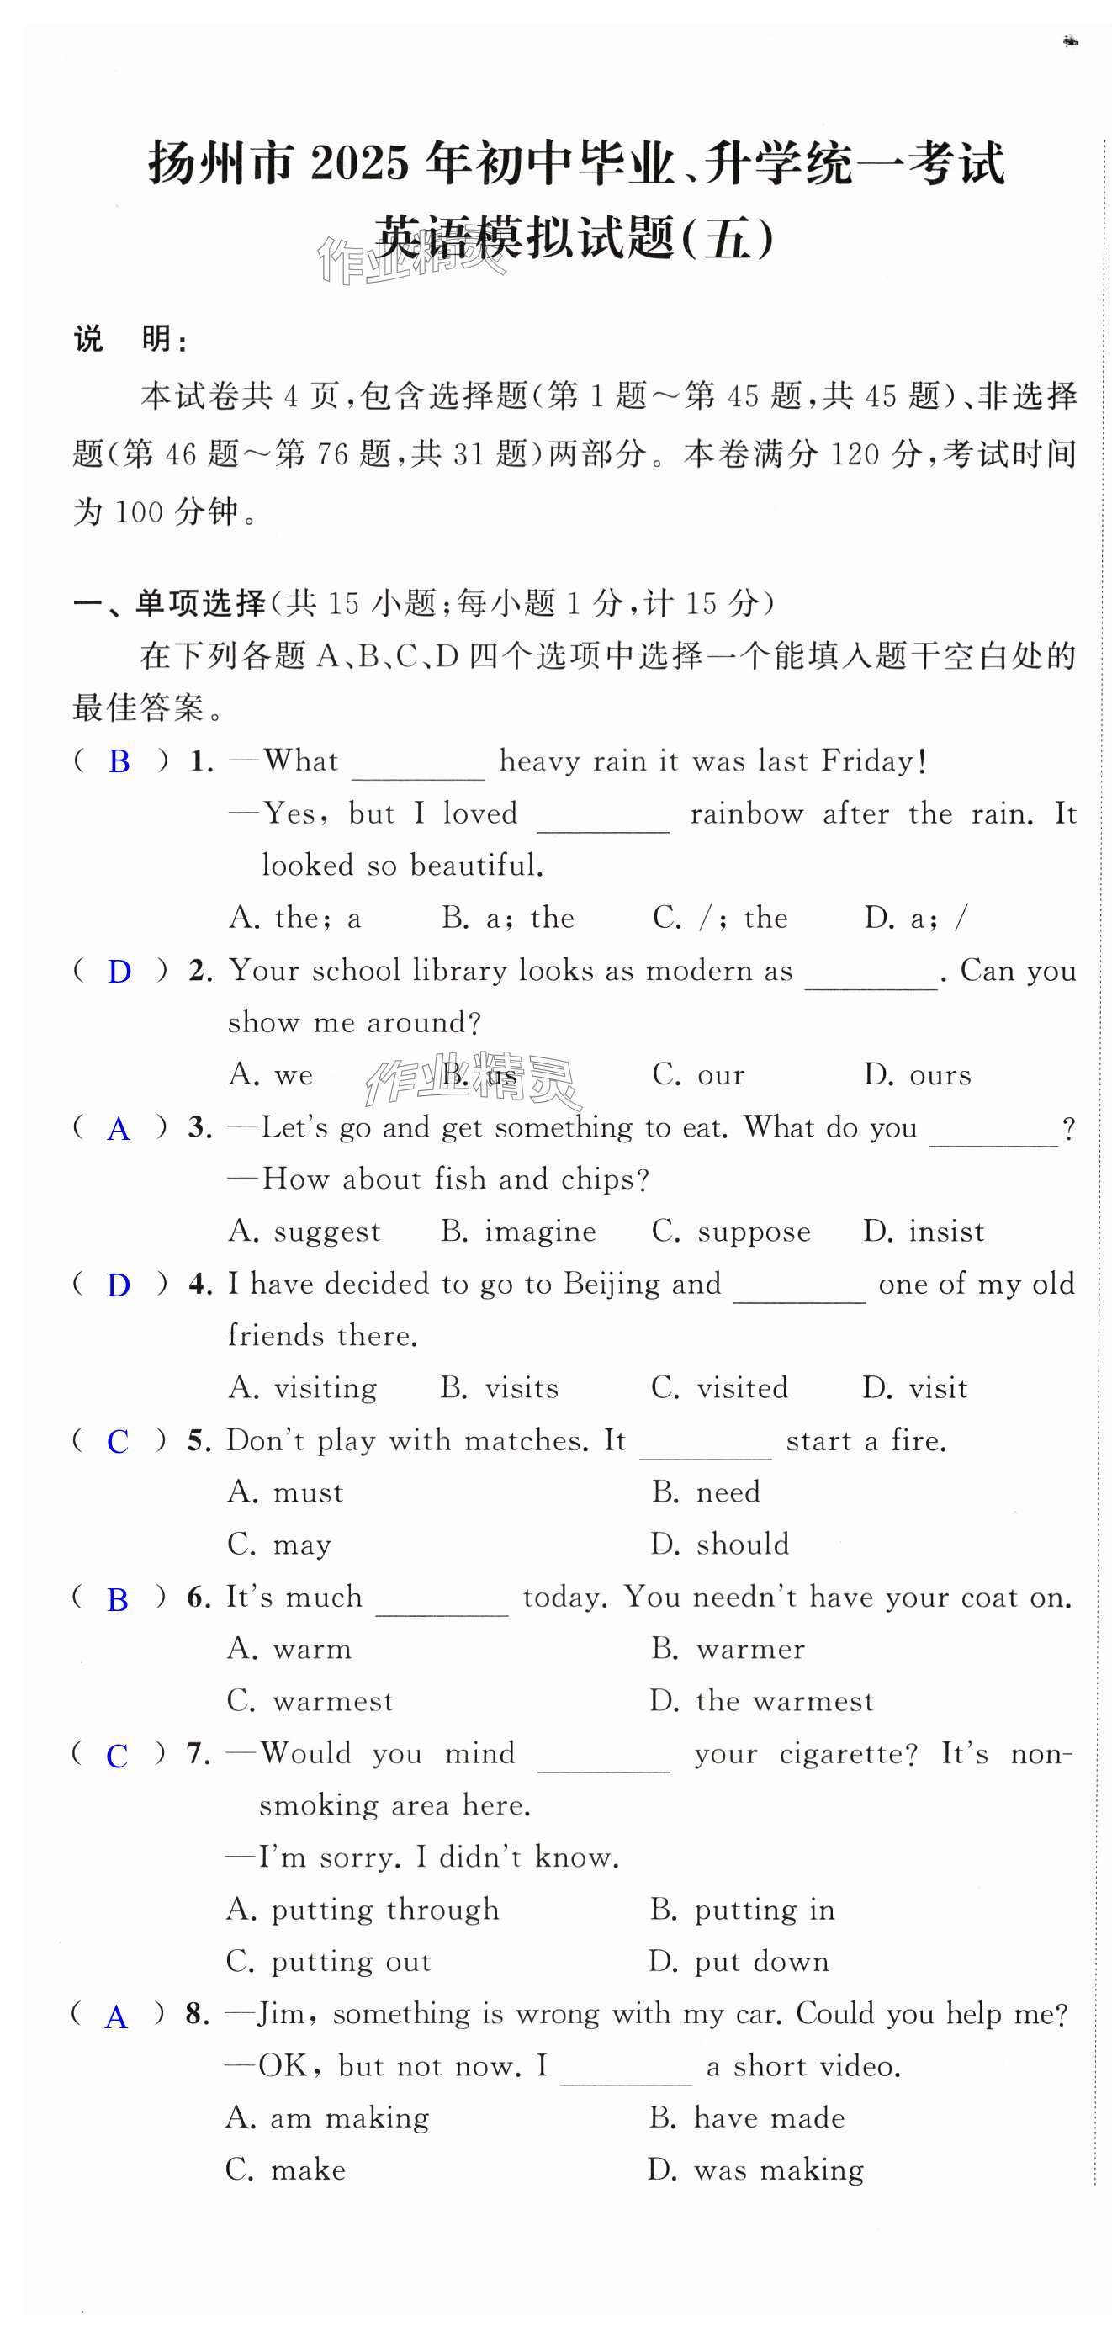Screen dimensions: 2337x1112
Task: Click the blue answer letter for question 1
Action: click(x=119, y=761)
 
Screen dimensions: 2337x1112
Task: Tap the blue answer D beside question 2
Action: click(x=119, y=972)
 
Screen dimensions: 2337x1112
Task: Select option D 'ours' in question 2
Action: click(x=917, y=1075)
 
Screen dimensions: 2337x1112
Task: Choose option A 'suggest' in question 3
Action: click(x=304, y=1232)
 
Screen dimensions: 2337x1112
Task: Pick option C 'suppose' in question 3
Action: click(x=731, y=1232)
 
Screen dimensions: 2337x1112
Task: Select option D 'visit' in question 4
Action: click(x=915, y=1388)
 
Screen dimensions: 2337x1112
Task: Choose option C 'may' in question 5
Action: click(x=279, y=1545)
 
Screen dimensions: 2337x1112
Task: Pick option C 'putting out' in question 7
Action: click(x=328, y=1963)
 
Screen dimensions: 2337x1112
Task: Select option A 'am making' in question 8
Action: click(x=327, y=2118)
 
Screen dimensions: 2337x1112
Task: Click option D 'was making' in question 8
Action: click(x=755, y=2171)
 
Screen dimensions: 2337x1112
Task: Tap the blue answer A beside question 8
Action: click(x=116, y=2017)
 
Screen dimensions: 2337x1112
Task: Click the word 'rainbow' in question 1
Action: click(x=746, y=813)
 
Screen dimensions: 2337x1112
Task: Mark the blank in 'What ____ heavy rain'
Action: click(x=418, y=763)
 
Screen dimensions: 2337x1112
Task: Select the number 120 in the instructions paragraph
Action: click(x=855, y=453)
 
